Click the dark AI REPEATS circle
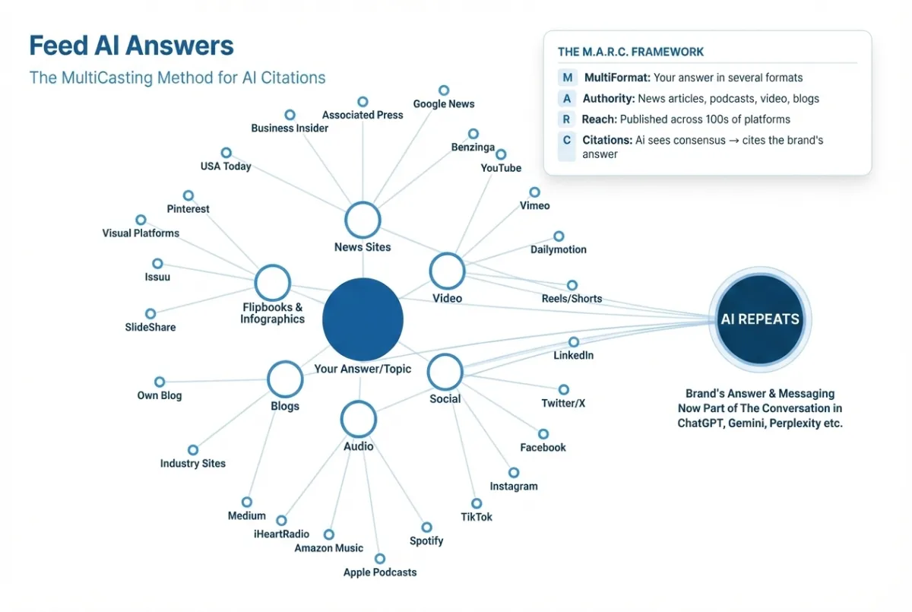[x=760, y=319]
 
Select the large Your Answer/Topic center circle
[x=363, y=319]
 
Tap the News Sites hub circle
[x=363, y=220]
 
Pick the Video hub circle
[x=447, y=271]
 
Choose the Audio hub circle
[x=358, y=419]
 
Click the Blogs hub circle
[x=285, y=379]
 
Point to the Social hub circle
[x=445, y=373]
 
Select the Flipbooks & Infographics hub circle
[x=272, y=283]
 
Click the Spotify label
[x=426, y=541]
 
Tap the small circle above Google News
[x=444, y=90]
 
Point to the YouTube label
[x=501, y=168]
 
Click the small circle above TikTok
[x=477, y=503]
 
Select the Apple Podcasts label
[x=380, y=572]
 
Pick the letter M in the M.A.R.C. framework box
[x=567, y=78]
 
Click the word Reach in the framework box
[x=599, y=119]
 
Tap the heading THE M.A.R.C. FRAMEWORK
[x=631, y=52]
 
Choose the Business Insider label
[x=290, y=128]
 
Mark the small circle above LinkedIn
[x=574, y=342]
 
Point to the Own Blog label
[x=160, y=395]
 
